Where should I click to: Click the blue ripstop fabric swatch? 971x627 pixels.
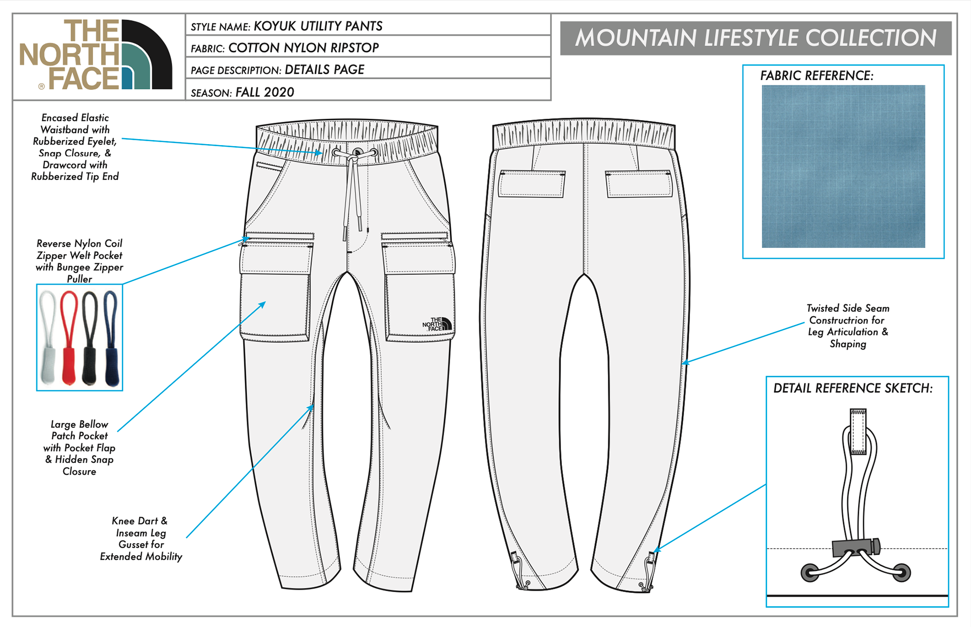click(843, 166)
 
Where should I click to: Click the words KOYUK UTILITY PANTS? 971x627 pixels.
click(318, 26)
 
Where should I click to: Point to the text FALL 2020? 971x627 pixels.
click(264, 92)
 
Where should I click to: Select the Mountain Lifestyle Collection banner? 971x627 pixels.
click(756, 38)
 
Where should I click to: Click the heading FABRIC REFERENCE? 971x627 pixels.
click(816, 76)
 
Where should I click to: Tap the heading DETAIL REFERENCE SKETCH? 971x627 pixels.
click(853, 388)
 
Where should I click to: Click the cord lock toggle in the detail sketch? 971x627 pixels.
click(856, 547)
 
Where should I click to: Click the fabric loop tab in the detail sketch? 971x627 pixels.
click(858, 431)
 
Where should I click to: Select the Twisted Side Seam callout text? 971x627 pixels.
click(848, 326)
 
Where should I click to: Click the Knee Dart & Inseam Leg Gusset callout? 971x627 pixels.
click(141, 539)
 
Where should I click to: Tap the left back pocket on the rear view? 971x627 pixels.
click(532, 184)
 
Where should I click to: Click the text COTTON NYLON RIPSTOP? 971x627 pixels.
click(303, 48)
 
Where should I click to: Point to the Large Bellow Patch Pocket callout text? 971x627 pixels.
click(79, 447)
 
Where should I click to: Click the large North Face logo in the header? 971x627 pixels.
click(96, 55)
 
